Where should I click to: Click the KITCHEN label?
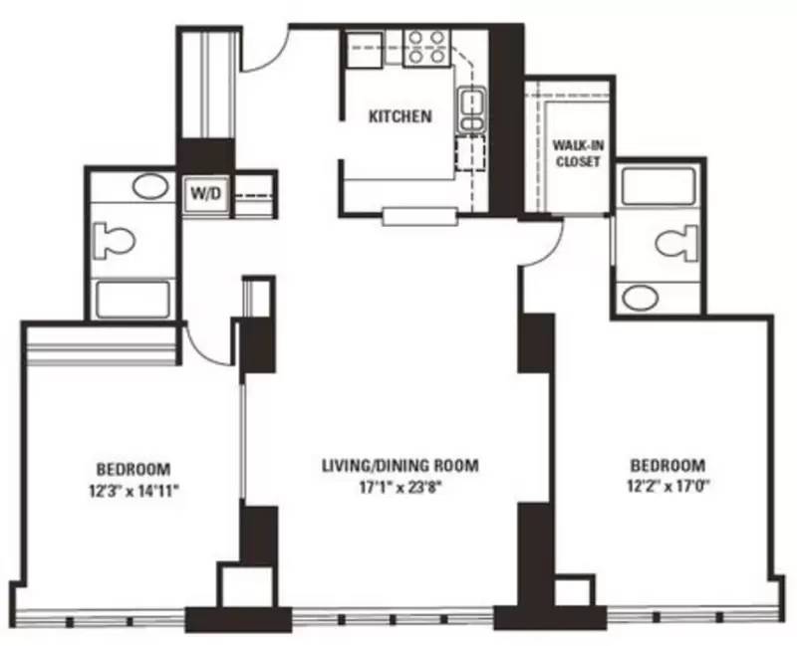tap(400, 116)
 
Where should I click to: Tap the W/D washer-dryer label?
tap(206, 193)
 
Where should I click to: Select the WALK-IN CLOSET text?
tap(579, 153)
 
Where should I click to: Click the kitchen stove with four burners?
tap(426, 48)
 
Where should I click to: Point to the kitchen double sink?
tap(471, 109)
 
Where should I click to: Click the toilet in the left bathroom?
tap(117, 240)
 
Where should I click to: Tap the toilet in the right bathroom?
tap(676, 243)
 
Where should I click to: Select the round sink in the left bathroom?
tap(151, 186)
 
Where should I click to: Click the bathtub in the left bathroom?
tap(133, 300)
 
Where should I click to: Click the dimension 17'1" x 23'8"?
tap(400, 488)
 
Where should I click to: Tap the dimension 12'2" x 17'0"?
tap(667, 487)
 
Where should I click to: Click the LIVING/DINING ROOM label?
tap(400, 465)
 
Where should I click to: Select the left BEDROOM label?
tap(133, 468)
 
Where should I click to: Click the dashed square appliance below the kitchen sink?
tap(470, 154)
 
